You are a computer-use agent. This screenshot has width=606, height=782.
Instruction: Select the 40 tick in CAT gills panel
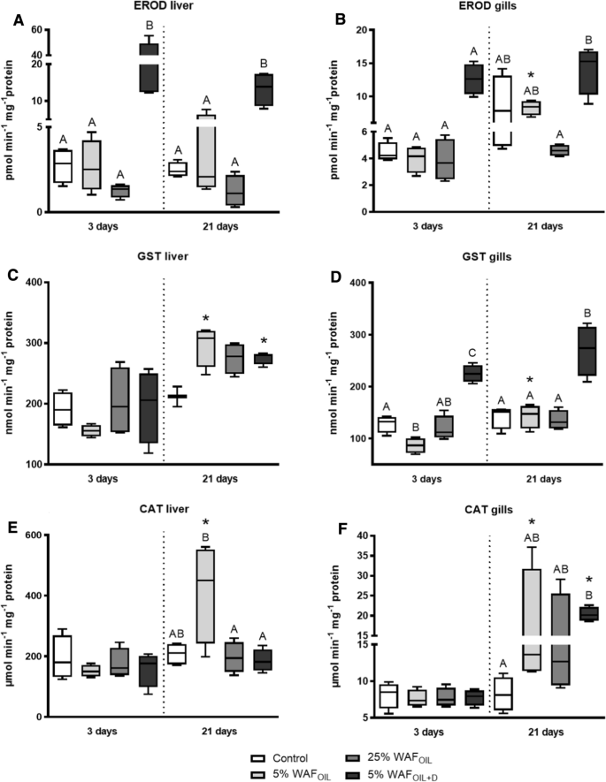(347, 535)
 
